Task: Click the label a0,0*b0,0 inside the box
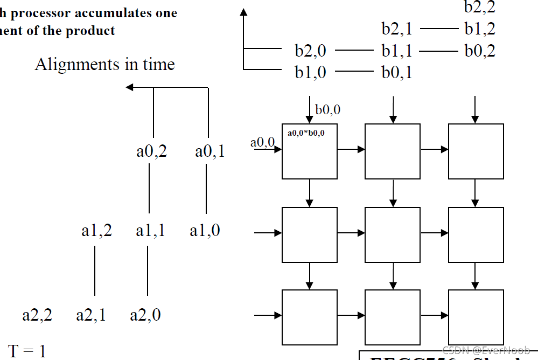pyautogui.click(x=306, y=133)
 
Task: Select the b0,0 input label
pyautogui.click(x=328, y=110)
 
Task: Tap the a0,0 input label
pyautogui.click(x=262, y=142)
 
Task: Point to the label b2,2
pyautogui.click(x=479, y=7)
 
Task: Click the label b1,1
pyautogui.click(x=397, y=51)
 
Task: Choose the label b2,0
pyautogui.click(x=310, y=51)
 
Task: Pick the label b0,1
pyautogui.click(x=397, y=72)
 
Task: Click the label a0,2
pyautogui.click(x=151, y=151)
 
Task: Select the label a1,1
pyautogui.click(x=151, y=231)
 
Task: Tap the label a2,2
pyautogui.click(x=37, y=315)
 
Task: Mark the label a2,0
pyautogui.click(x=145, y=315)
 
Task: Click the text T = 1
pyautogui.click(x=27, y=351)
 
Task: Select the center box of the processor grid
pyautogui.click(x=393, y=234)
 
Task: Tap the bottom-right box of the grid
pyautogui.click(x=476, y=317)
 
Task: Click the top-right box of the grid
pyautogui.click(x=476, y=151)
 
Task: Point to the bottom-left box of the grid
pyautogui.click(x=310, y=317)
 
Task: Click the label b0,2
pyautogui.click(x=480, y=51)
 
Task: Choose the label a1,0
pyautogui.click(x=205, y=231)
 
